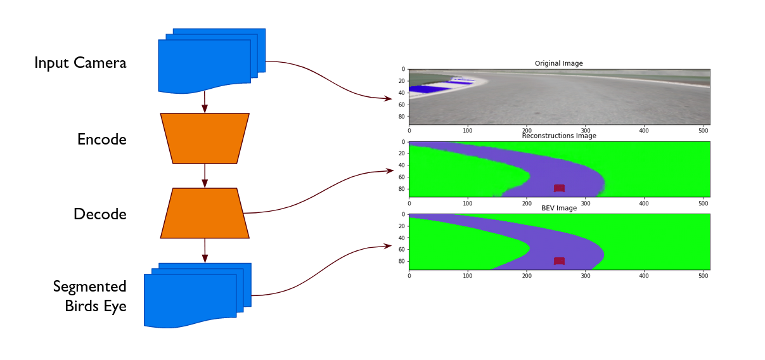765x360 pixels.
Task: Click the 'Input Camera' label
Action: click(x=80, y=63)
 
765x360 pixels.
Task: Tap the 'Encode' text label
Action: click(x=101, y=139)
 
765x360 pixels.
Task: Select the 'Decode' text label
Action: click(x=100, y=214)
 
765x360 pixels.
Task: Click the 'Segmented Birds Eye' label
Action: click(x=90, y=296)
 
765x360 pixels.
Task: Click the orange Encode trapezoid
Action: click(x=205, y=138)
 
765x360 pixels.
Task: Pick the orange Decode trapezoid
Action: click(x=205, y=213)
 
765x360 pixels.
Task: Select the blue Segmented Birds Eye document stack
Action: click(x=195, y=297)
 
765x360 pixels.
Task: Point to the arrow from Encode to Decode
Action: click(x=205, y=176)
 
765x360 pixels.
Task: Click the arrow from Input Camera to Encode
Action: click(x=205, y=103)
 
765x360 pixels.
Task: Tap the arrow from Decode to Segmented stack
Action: click(x=205, y=250)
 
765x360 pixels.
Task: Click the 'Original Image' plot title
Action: click(x=558, y=63)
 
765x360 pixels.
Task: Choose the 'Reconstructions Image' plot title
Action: click(x=558, y=136)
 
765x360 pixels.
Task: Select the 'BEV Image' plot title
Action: click(x=558, y=208)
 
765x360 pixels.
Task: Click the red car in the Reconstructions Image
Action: click(x=558, y=188)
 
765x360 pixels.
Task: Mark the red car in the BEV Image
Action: click(x=558, y=261)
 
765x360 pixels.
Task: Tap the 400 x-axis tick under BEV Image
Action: click(x=644, y=276)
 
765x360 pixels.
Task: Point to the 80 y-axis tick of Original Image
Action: click(x=401, y=116)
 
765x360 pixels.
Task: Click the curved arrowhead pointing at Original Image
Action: click(x=389, y=98)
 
